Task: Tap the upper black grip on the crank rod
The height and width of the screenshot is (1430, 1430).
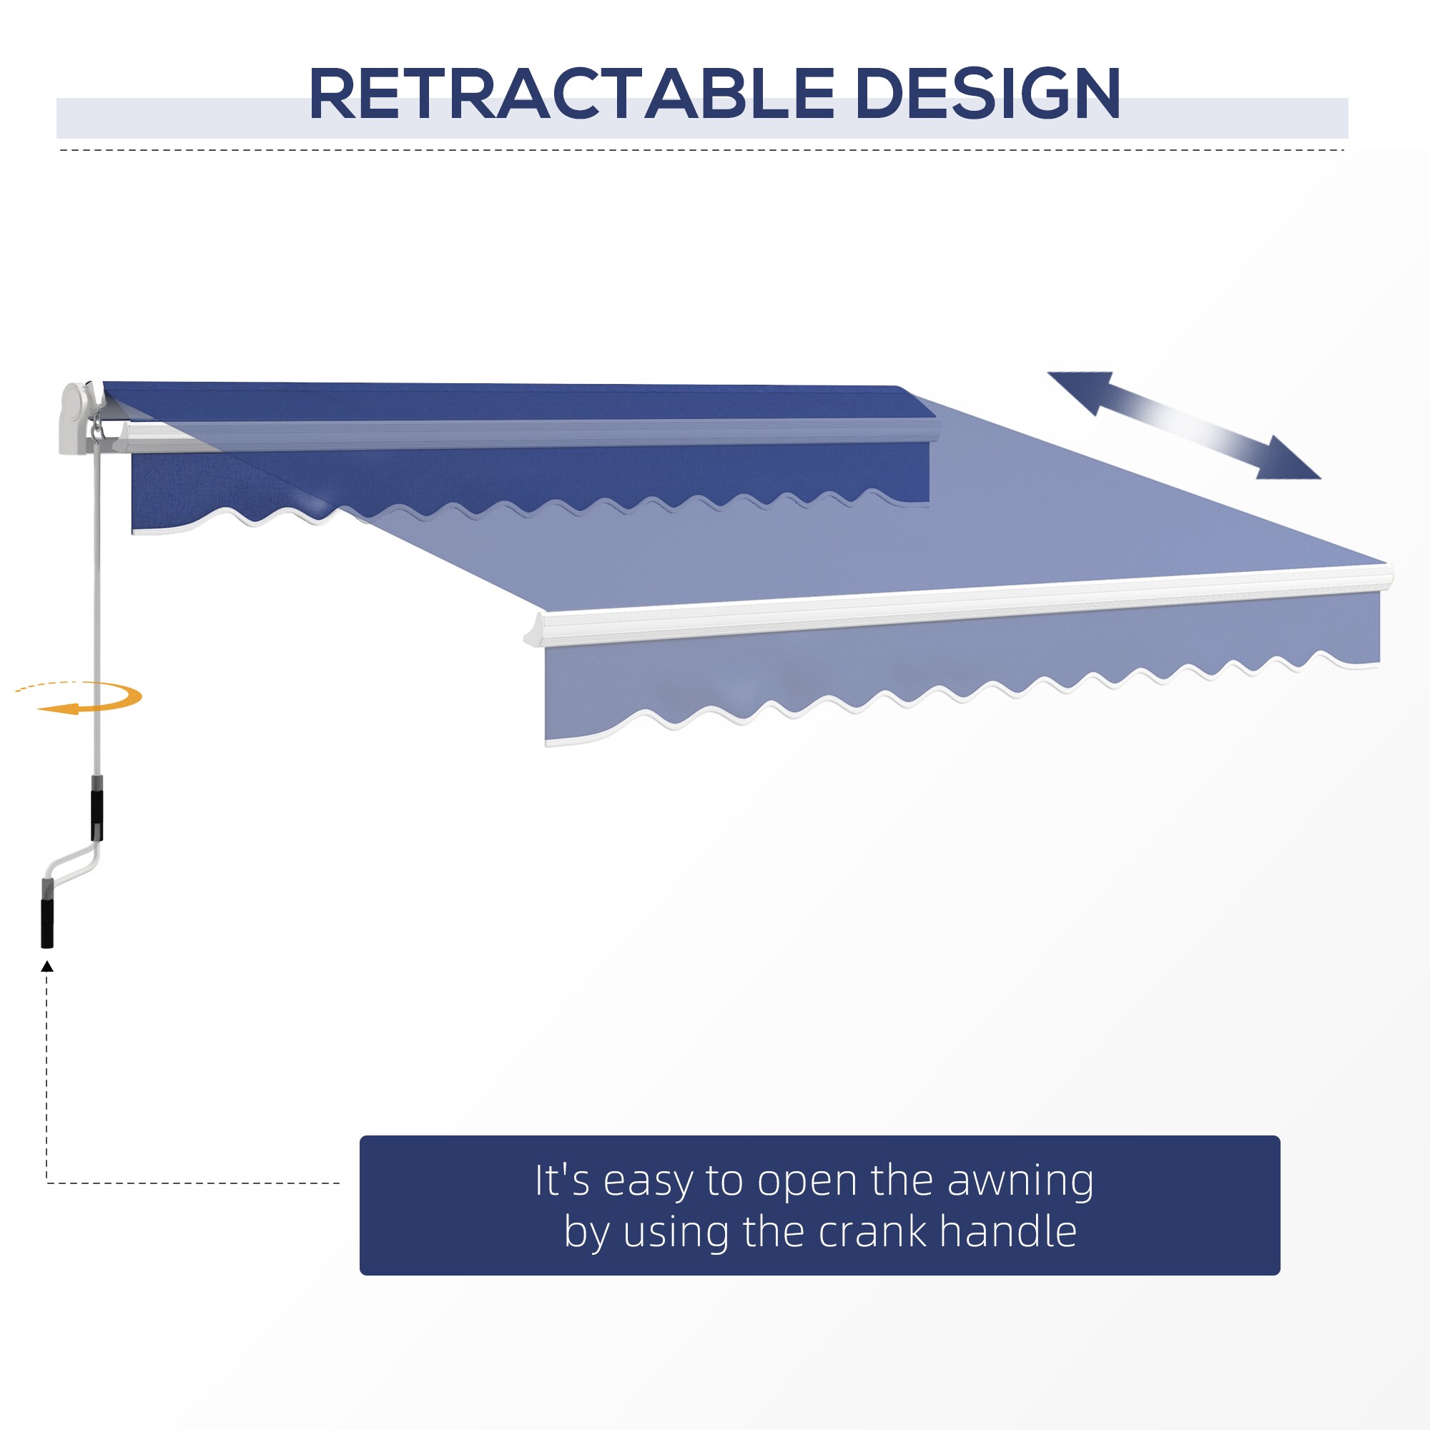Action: tap(97, 815)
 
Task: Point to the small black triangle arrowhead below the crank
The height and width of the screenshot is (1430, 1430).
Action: tap(47, 966)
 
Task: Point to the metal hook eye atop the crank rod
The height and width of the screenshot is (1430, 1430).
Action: tap(97, 427)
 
